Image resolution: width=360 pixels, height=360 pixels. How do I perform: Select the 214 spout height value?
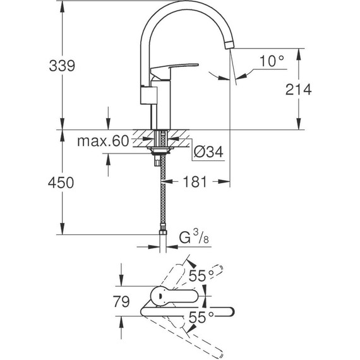(x=299, y=90)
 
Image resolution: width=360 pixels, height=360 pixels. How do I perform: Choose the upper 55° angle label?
(x=200, y=276)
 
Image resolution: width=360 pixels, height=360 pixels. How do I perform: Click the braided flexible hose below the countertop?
(x=164, y=196)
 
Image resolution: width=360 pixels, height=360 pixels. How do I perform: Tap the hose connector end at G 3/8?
(x=164, y=240)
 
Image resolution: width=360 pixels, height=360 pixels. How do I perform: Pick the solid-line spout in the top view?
(x=189, y=310)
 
